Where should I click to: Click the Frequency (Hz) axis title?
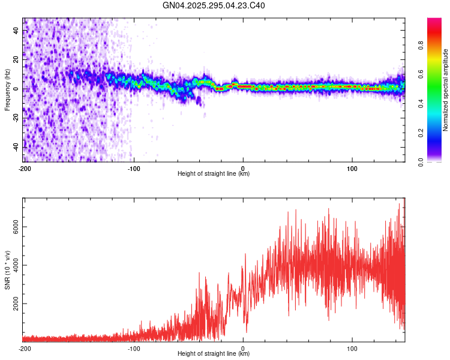[x=7, y=90]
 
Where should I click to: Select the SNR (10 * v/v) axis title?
[x=7, y=269]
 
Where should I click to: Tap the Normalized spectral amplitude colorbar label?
[x=446, y=90]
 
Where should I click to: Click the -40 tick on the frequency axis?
[x=16, y=146]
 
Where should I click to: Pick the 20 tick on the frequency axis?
[x=17, y=60]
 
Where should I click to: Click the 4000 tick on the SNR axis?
[x=13, y=266]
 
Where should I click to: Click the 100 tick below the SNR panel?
[x=352, y=348]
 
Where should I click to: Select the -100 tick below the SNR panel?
[x=133, y=348]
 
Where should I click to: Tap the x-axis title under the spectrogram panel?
[x=214, y=174]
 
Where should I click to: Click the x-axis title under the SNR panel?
[x=214, y=354]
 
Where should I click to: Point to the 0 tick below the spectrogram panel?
[x=243, y=168]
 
